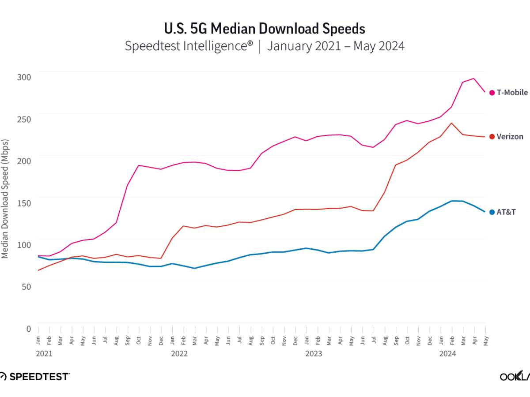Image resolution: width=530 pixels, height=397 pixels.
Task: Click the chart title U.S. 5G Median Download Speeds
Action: tap(265, 29)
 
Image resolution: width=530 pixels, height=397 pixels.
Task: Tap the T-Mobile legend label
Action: tap(512, 93)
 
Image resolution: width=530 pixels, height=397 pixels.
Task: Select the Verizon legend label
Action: tap(510, 137)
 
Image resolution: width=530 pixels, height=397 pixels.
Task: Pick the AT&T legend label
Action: tap(506, 212)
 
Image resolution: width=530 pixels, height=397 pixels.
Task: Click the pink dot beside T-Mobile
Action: tap(492, 93)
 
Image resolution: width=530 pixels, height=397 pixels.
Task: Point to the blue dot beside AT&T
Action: tap(492, 212)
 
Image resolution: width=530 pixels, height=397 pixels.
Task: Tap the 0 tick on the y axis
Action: tap(29, 328)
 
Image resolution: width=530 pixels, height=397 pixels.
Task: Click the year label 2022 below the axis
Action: tap(179, 354)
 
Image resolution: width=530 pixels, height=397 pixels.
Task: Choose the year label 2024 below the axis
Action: tap(447, 354)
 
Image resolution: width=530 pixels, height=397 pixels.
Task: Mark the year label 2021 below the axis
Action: tap(44, 354)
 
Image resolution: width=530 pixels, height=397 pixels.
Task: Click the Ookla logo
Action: tap(515, 376)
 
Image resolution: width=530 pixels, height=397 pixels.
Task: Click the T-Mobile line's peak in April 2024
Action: tap(474, 79)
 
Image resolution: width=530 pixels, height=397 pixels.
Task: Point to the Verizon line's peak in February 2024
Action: tap(451, 123)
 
